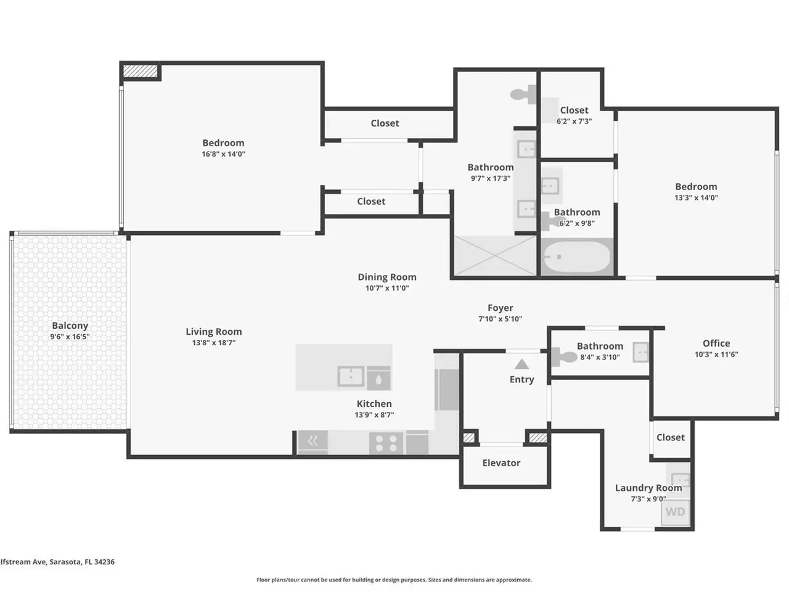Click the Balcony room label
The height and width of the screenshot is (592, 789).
[70, 326]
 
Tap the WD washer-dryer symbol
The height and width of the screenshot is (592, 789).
[676, 511]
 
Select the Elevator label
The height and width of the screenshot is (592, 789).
[501, 463]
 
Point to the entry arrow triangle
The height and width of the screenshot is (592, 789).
[521, 364]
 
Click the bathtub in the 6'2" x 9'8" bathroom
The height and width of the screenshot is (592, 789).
[578, 257]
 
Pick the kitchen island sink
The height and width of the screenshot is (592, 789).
[351, 376]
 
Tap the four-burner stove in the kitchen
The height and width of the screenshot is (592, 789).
[386, 443]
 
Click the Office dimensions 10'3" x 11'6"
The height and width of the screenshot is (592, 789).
[716, 355]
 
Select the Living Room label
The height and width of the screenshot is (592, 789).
[214, 332]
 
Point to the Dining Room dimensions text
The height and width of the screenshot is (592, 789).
[387, 288]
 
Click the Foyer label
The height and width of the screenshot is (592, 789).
[501, 308]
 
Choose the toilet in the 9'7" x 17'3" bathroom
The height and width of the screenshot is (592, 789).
[523, 94]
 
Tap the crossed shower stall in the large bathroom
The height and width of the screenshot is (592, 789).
[496, 255]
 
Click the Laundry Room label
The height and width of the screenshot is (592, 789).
[648, 488]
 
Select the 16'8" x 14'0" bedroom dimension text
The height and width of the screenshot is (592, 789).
[223, 154]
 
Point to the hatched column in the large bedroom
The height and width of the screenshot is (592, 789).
[140, 71]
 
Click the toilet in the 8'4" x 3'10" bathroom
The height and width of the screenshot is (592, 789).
[563, 355]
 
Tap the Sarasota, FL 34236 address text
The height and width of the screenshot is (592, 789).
[82, 562]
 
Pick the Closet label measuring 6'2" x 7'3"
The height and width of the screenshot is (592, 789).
[574, 110]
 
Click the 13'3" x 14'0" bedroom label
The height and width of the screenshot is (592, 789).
[696, 187]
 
